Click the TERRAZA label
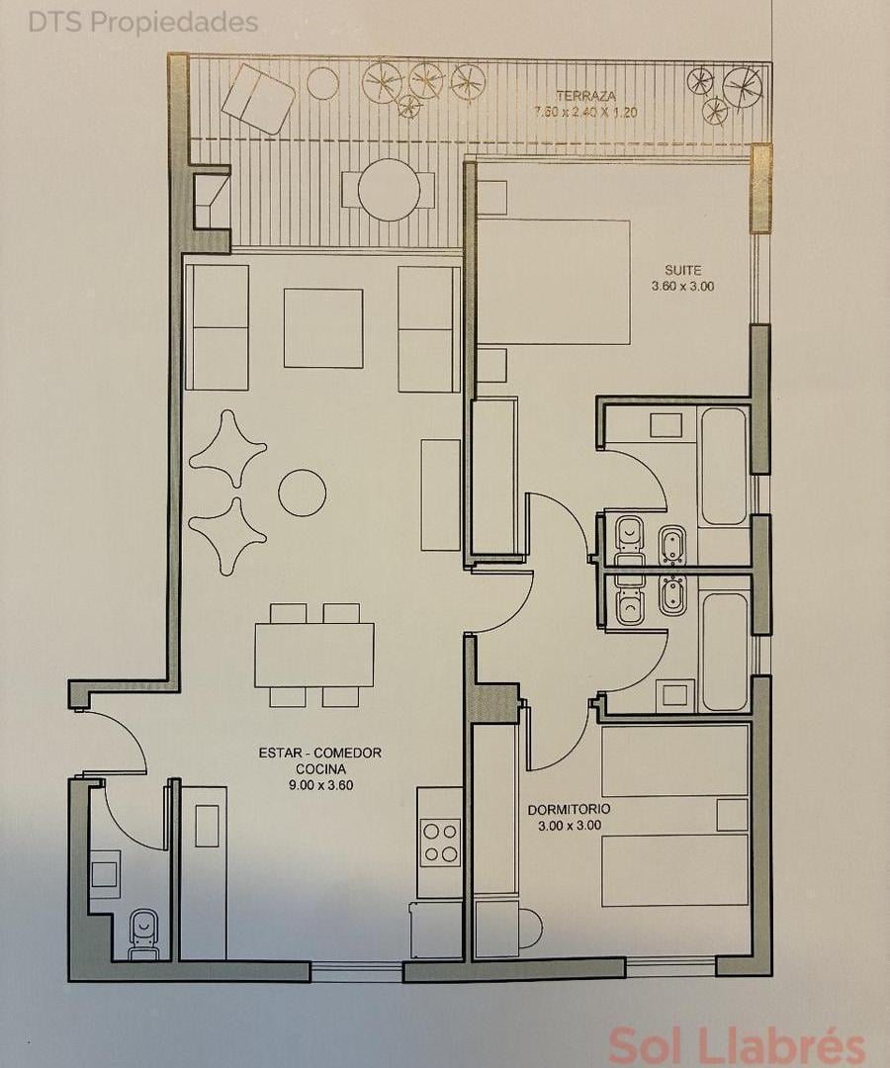[x=585, y=96]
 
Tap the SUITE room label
[x=682, y=270]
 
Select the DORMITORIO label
[x=570, y=810]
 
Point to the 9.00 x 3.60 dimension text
[x=320, y=785]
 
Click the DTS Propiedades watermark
[x=143, y=23]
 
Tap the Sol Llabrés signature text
[x=736, y=1045]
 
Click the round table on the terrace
[x=389, y=189]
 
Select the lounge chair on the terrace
[x=258, y=98]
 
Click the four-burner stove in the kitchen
[x=440, y=843]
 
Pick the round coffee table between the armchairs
[x=303, y=491]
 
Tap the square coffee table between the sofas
[x=323, y=328]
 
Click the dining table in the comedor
[x=313, y=656]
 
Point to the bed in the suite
[x=553, y=281]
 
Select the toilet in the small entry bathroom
[x=143, y=934]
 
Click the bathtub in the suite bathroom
[x=723, y=466]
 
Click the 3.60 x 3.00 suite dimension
[x=683, y=287]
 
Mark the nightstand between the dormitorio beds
[x=733, y=815]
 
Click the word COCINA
[x=320, y=769]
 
